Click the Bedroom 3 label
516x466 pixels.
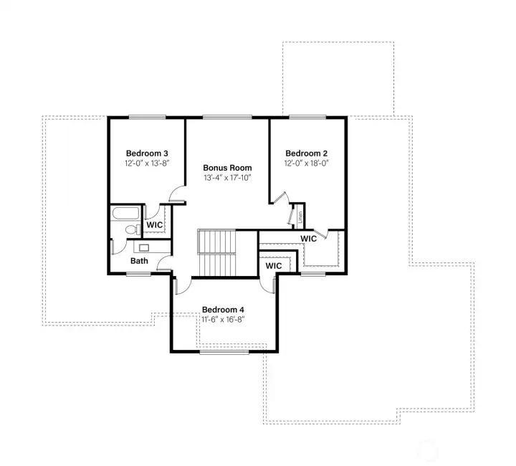pyautogui.click(x=147, y=153)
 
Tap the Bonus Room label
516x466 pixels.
pyautogui.click(x=227, y=168)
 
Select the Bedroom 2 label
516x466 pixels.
pyautogui.click(x=306, y=153)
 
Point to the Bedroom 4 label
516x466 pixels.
pyautogui.click(x=223, y=310)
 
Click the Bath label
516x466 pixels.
pyautogui.click(x=139, y=261)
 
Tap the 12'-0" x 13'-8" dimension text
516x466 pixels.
pyautogui.click(x=147, y=163)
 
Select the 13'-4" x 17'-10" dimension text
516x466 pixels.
pyautogui.click(x=227, y=178)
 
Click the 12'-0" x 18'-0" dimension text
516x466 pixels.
pyautogui.click(x=306, y=163)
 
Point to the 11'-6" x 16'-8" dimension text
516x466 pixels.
pyautogui.click(x=223, y=320)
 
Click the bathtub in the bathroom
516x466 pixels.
pyautogui.click(x=126, y=214)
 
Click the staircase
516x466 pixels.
pyautogui.click(x=216, y=252)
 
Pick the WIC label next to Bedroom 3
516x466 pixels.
pyautogui.click(x=155, y=225)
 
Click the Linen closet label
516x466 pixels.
pyautogui.click(x=299, y=214)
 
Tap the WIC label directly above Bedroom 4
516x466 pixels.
pyautogui.click(x=274, y=266)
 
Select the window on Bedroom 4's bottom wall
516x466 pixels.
pyautogui.click(x=224, y=352)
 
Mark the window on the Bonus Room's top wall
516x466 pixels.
pyautogui.click(x=227, y=117)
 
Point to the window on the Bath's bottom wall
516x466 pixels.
pyautogui.click(x=138, y=274)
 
